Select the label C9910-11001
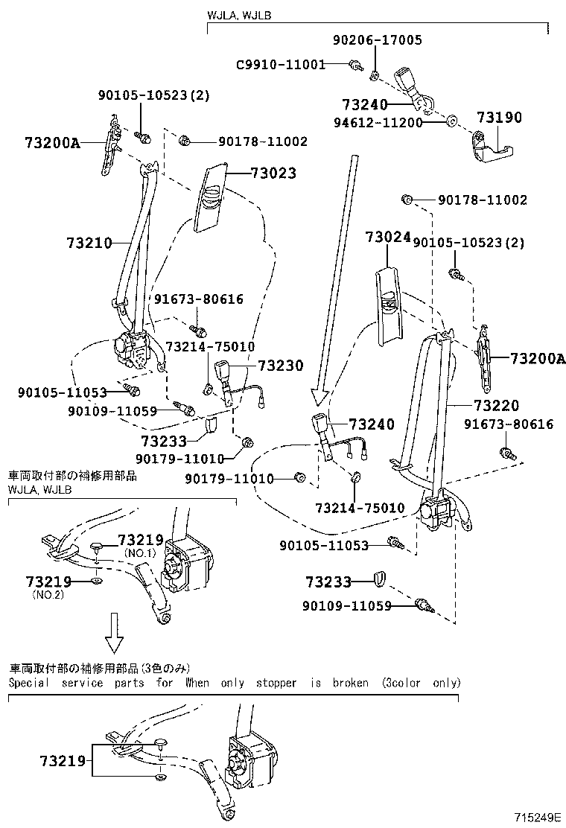pos(281,65)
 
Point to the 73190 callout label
pos(500,118)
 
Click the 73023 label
pos(273,173)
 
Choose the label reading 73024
pos(388,238)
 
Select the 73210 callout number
pos(89,243)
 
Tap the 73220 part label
pos(496,406)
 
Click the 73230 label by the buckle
pos(281,366)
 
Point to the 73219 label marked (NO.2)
pos(48,582)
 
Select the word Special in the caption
pos(29,682)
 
